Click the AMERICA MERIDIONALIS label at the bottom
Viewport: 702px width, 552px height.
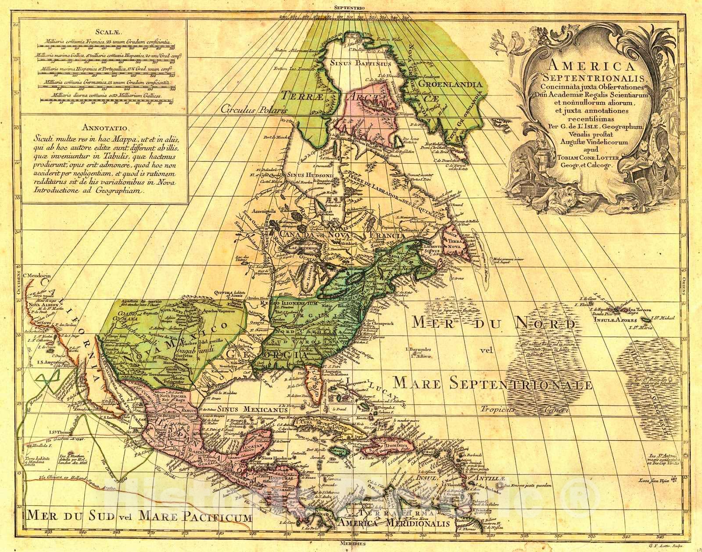point(394,524)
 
